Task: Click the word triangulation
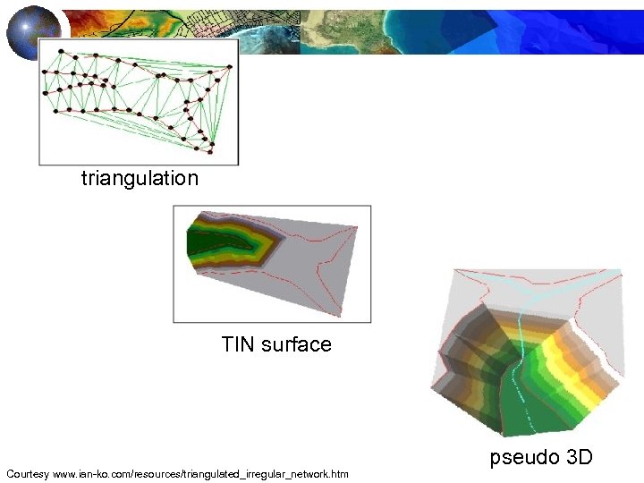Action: [140, 178]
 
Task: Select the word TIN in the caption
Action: [239, 344]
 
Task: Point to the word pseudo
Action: [524, 458]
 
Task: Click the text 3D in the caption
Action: [580, 458]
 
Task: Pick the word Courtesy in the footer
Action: [27, 472]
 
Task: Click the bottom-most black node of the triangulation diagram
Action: [212, 143]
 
